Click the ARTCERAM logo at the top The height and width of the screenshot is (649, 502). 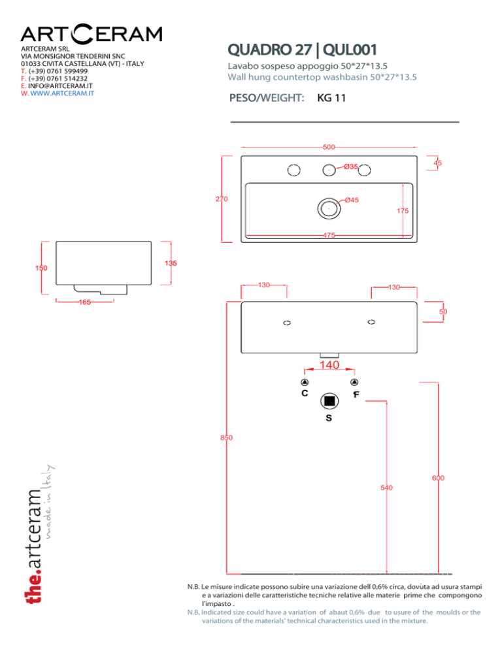(92, 34)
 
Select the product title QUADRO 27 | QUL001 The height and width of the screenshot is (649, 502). (301, 50)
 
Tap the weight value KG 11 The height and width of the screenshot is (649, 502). (331, 99)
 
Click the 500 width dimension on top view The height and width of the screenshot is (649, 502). (329, 147)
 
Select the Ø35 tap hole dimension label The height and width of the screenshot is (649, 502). (351, 167)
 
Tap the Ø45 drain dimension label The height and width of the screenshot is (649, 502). (352, 200)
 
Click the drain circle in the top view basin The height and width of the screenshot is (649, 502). (328, 208)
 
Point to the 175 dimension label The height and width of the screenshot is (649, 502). (403, 211)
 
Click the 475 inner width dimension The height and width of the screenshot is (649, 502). (329, 235)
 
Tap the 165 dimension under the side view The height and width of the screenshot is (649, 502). (84, 303)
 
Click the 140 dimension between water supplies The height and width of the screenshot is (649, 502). (329, 366)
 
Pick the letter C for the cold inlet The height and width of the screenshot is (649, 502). (305, 394)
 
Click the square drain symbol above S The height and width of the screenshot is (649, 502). (329, 400)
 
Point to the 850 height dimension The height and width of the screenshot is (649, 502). (226, 437)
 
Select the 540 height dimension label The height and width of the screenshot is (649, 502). (387, 487)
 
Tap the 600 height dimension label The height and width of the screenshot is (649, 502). (438, 479)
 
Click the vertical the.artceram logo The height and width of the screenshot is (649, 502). (39, 536)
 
